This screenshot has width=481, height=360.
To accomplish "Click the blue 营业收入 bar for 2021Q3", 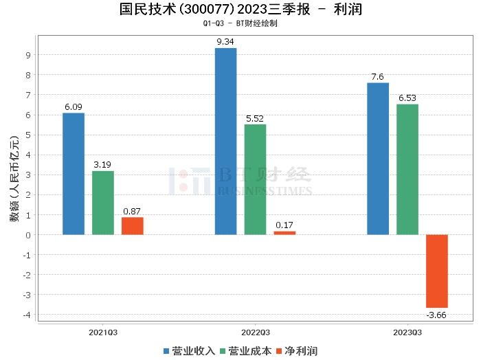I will pyautogui.click(x=74, y=174).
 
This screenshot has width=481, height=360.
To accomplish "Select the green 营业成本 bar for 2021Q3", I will pyautogui.click(x=103, y=203).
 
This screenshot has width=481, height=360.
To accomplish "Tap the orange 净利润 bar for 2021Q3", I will pyautogui.click(x=133, y=226).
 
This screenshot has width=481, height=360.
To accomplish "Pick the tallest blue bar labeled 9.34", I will pyautogui.click(x=225, y=142).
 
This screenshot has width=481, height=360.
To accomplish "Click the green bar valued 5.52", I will pyautogui.click(x=255, y=179).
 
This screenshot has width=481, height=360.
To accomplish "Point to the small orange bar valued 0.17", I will pyautogui.click(x=284, y=233).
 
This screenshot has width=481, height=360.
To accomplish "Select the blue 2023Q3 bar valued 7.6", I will pyautogui.click(x=378, y=159).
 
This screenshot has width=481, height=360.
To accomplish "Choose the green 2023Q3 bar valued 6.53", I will pyautogui.click(x=407, y=170).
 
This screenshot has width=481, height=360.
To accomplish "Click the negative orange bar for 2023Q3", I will pyautogui.click(x=437, y=271).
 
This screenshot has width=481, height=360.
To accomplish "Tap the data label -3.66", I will pyautogui.click(x=437, y=315).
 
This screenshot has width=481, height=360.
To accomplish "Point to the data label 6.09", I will pyautogui.click(x=74, y=107).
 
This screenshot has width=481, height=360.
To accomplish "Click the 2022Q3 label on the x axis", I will pyautogui.click(x=255, y=331).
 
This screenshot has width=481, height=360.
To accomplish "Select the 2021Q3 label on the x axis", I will pyautogui.click(x=103, y=331).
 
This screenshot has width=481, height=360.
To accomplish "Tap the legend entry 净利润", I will pyautogui.click(x=300, y=351).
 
